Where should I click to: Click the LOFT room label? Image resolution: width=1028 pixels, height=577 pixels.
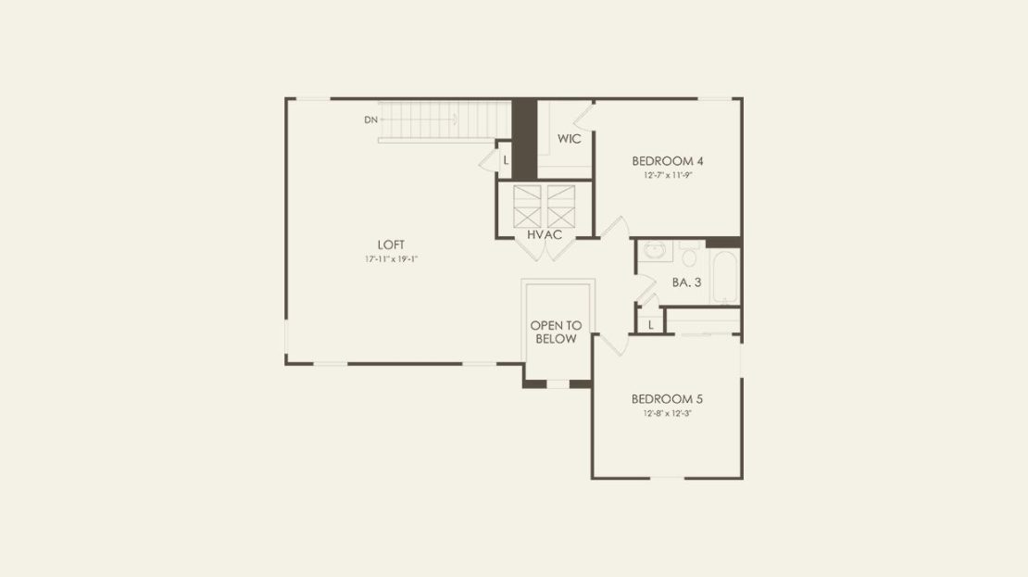[391, 245]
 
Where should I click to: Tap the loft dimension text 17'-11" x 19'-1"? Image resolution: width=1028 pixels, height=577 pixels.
[392, 259]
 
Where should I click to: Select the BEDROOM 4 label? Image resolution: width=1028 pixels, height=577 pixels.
[668, 160]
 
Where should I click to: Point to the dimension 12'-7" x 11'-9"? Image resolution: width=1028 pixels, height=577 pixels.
[668, 176]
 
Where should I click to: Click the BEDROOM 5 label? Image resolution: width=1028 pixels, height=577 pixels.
[667, 398]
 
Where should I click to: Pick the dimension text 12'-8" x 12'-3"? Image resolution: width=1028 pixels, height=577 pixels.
[668, 414]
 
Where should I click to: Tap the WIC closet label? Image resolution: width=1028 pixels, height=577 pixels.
[569, 139]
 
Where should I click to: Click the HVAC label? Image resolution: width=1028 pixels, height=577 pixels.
[545, 234]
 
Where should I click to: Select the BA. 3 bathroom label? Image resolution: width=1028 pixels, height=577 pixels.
[686, 282]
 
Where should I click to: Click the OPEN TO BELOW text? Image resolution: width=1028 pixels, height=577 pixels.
[556, 332]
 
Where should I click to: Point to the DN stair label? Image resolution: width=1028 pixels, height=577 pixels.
[371, 120]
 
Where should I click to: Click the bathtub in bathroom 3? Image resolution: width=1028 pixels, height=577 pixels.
[724, 277]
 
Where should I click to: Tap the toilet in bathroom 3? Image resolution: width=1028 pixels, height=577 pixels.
[688, 254]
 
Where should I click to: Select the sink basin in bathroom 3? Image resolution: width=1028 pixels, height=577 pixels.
[654, 250]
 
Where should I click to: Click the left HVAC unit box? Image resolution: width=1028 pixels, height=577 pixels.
[527, 206]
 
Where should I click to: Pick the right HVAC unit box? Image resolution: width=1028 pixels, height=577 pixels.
[561, 206]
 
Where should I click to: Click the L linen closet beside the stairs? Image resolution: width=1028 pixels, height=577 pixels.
[506, 160]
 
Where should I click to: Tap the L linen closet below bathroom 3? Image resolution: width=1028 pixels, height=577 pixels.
[650, 325]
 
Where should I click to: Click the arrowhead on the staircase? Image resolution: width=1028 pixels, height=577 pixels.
[454, 119]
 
